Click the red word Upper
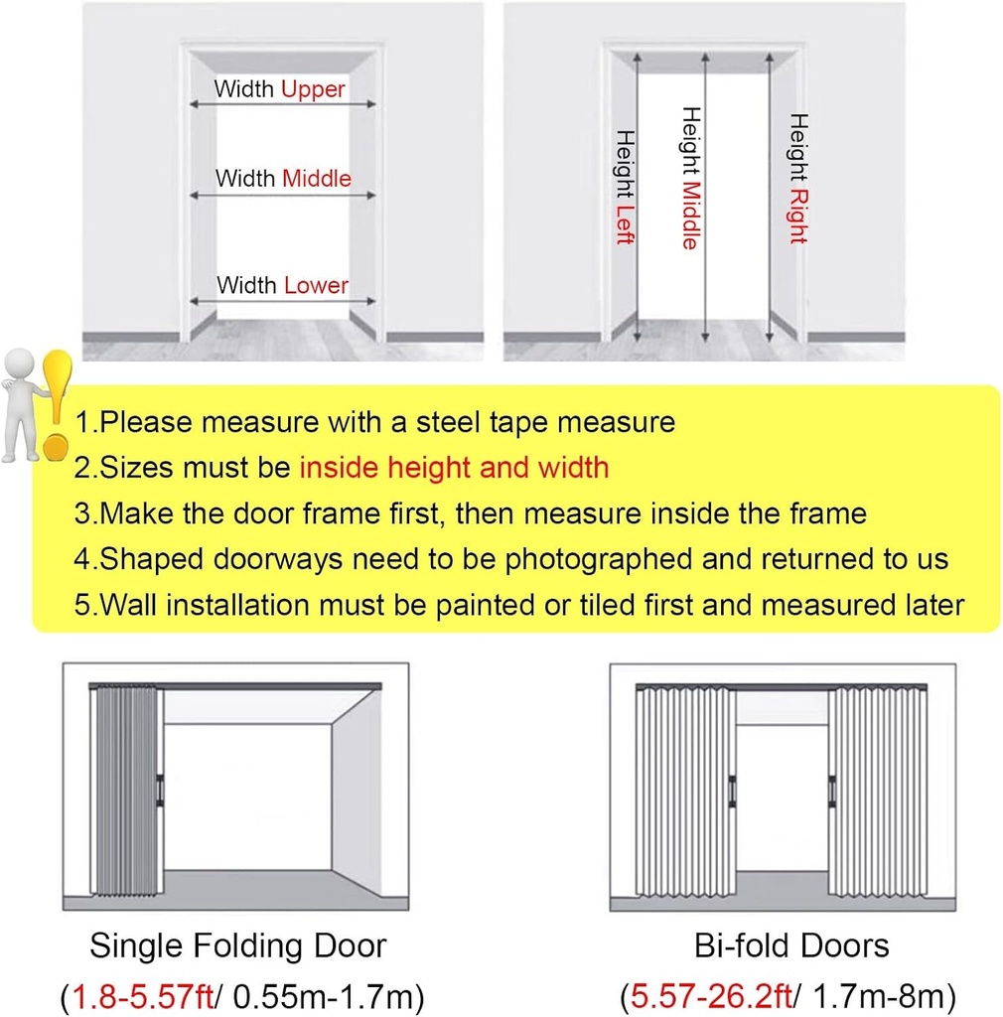click(x=313, y=89)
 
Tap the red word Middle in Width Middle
click(x=317, y=179)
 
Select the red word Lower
click(x=316, y=286)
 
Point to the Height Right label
click(x=797, y=179)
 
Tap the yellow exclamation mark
click(x=58, y=402)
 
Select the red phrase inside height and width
click(x=454, y=468)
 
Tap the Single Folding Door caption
click(x=237, y=944)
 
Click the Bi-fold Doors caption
click(x=791, y=944)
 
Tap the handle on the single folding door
click(x=159, y=789)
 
